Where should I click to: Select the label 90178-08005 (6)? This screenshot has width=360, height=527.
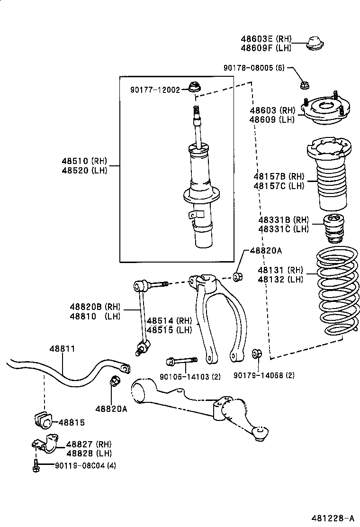point(254,68)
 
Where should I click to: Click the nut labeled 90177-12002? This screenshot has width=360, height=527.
point(193,87)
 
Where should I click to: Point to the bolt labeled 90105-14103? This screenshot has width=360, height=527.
point(182,363)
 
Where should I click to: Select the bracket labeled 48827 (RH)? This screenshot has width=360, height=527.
point(44,445)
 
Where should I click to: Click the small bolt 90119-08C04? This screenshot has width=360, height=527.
point(36,465)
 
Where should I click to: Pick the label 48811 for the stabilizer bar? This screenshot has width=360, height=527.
point(62,349)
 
